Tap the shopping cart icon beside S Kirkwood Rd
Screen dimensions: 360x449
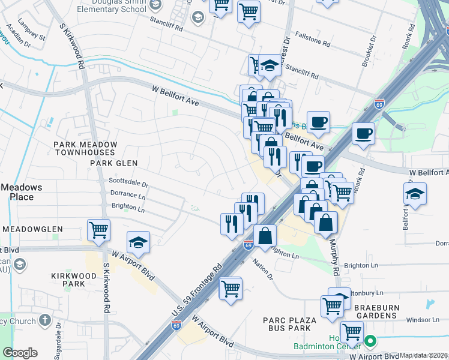[x=98, y=229]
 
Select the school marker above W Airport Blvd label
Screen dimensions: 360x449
[x=138, y=242]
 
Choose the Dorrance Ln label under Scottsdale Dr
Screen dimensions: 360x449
[x=128, y=194]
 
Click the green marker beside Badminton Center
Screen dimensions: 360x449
[x=370, y=342]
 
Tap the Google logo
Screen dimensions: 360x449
[x=20, y=353]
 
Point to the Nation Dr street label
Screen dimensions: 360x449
[x=262, y=268]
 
